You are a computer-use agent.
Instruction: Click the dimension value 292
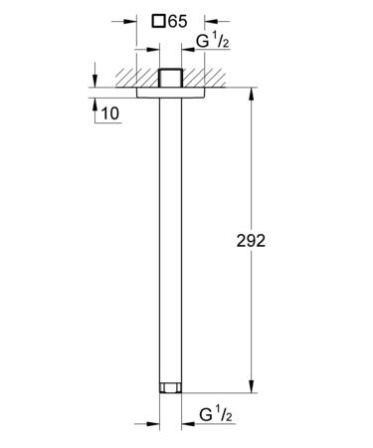pos(251,241)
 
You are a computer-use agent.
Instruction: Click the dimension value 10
pos(109,113)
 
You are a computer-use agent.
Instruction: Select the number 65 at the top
pos(177,22)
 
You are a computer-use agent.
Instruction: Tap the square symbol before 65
pos(158,22)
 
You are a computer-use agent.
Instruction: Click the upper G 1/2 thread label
pos(213,42)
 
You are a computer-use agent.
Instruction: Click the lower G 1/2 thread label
pos(216,415)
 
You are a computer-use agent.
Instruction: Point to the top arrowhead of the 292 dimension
pos(252,94)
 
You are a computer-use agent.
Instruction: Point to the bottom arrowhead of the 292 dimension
pos(252,386)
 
